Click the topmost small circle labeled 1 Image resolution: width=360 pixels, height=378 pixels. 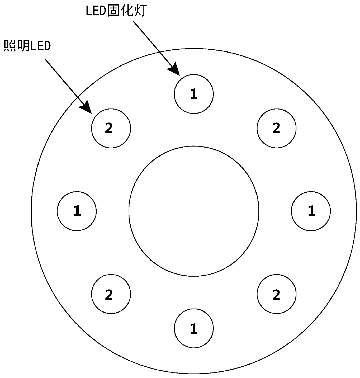[194, 94]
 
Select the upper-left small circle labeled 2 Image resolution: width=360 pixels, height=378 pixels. [111, 128]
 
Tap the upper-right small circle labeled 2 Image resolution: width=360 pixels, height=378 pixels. [276, 128]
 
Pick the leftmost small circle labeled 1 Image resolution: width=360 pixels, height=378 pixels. [77, 211]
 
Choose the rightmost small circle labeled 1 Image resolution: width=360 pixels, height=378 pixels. [311, 211]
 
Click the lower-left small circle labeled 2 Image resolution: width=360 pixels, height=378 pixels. [111, 294]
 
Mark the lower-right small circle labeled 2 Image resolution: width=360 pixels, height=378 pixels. [276, 294]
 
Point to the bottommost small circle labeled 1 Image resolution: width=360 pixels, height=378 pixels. [194, 328]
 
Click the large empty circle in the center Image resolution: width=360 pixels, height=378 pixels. [194, 211]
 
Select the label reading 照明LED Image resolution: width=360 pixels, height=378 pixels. [27, 46]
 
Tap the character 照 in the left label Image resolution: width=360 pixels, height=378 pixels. [9, 46]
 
